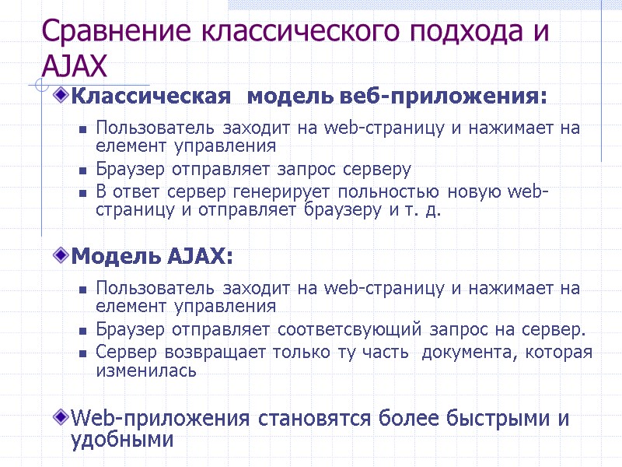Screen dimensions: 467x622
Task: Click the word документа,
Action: tap(466, 353)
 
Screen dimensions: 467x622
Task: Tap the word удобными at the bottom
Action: tap(121, 440)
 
